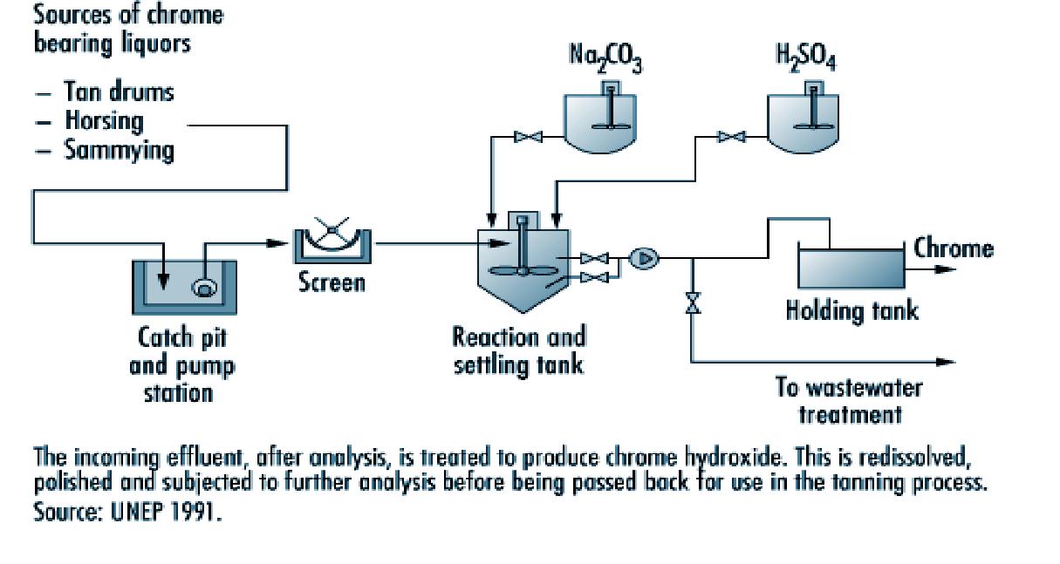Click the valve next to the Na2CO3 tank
[528, 136]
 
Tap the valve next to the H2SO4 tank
[731, 136]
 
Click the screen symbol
[332, 244]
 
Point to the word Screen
[332, 282]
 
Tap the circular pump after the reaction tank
[646, 257]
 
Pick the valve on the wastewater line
[693, 303]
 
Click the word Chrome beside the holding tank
[953, 248]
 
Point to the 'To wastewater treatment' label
[849, 400]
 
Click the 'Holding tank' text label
[851, 310]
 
